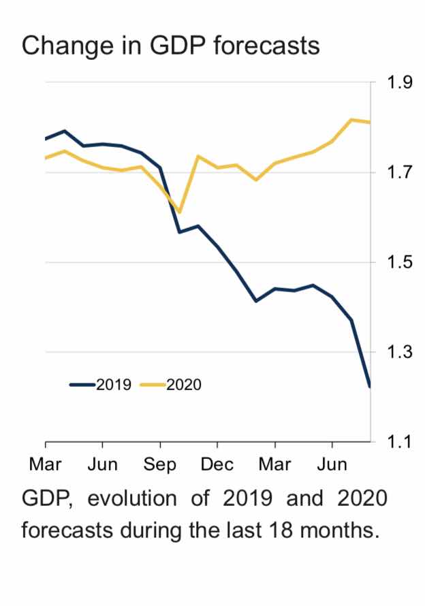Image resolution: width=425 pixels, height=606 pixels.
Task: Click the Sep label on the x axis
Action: tap(160, 465)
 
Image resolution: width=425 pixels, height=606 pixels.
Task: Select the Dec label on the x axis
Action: tap(217, 465)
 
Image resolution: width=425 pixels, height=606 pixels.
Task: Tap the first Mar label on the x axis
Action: tap(46, 465)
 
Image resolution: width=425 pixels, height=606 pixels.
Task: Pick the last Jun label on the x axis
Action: tap(332, 465)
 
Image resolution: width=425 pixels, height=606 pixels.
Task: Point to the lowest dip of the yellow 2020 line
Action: tap(179, 212)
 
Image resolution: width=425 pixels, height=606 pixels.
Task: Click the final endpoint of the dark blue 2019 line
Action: tap(369, 387)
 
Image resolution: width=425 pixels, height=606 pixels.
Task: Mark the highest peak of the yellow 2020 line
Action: tap(351, 120)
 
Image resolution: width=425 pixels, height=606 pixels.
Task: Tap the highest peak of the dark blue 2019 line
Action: tap(65, 131)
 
